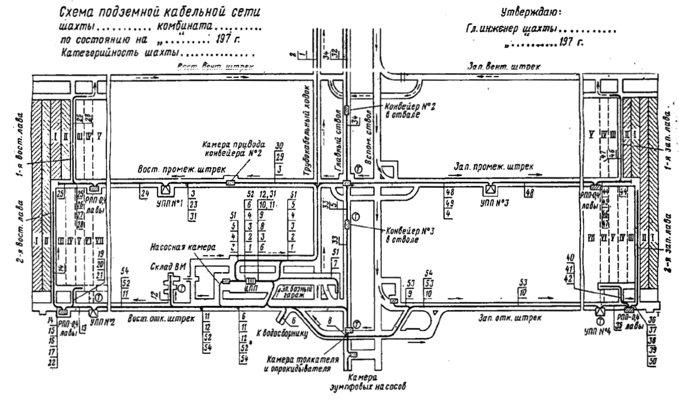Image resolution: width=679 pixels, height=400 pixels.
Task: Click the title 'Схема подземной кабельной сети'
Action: pos(160,13)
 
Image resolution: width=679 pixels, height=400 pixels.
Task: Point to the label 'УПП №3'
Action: pos(494,203)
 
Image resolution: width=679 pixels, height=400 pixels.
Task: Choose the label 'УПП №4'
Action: pos(597,331)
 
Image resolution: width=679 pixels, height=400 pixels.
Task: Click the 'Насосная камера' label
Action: pos(183,247)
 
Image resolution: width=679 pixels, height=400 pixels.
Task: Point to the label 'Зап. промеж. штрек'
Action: pos(494,166)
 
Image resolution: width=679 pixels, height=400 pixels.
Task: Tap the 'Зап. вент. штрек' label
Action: pos(503,66)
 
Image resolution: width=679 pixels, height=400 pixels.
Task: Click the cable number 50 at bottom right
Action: pos(653,361)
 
